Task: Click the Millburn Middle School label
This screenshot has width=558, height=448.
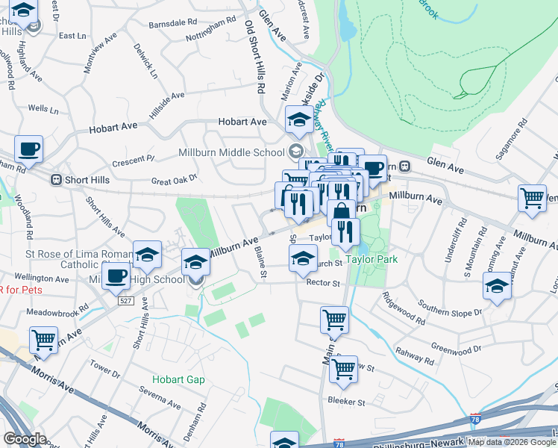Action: pos(232,152)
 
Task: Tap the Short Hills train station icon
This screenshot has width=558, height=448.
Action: pos(55,180)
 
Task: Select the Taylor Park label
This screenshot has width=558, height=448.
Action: pos(371,259)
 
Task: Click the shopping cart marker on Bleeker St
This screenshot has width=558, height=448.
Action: pos(343,369)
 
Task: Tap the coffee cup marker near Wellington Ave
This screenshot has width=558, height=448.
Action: pos(116,276)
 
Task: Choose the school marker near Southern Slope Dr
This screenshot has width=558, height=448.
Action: pos(497,287)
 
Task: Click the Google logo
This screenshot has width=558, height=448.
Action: pos(25,438)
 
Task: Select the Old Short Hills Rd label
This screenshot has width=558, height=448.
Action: pos(256,56)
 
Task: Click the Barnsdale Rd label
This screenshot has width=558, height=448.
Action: pos(172,23)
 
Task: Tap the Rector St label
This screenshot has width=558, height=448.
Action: pos(323,284)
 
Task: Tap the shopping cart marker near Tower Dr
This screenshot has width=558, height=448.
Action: pos(43,340)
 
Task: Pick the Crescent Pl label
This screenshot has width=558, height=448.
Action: pos(133,161)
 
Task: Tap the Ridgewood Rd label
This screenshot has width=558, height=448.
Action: pos(402,312)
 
